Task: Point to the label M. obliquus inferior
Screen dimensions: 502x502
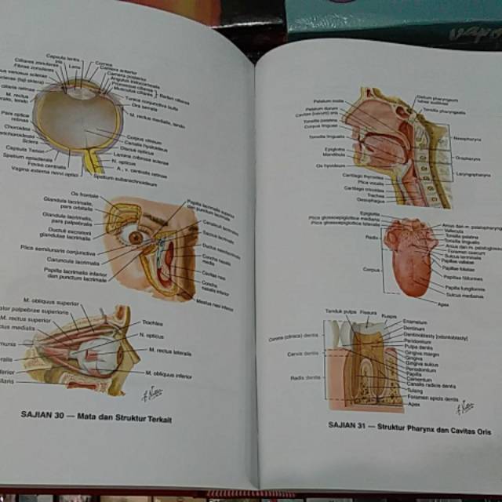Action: coord(169,374)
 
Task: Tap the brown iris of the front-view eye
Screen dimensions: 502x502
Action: coord(136,237)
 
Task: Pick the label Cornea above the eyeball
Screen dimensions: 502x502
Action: coord(104,64)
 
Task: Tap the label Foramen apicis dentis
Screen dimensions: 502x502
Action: coord(432,398)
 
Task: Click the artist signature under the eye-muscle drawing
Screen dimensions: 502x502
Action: coord(150,395)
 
